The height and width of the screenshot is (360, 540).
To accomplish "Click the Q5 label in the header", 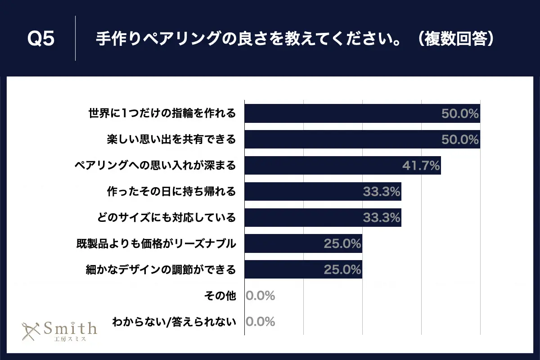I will point(40,39).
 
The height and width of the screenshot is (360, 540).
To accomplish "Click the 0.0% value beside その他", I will point(261,296).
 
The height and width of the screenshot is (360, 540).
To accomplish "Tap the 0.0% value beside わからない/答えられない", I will point(261,322).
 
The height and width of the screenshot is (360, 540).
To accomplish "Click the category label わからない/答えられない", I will point(174,322).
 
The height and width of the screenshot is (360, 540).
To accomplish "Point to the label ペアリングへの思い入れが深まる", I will point(155,166).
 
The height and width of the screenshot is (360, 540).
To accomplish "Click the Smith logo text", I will point(69,328).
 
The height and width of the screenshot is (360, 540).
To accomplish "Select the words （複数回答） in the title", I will point(454,39).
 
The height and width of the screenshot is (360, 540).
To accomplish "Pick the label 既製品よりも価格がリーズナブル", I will point(156,244).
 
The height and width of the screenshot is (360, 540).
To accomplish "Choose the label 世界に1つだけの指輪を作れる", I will point(162,113).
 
